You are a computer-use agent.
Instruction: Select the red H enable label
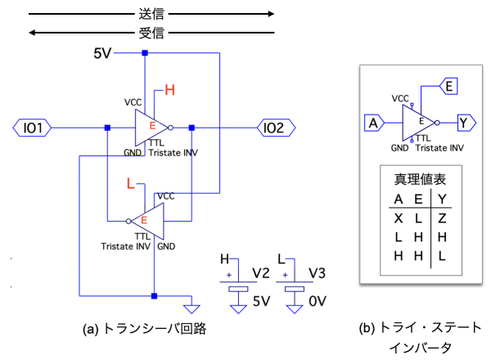click(x=170, y=90)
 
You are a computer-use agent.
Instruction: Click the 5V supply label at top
click(x=101, y=54)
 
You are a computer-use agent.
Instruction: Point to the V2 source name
click(x=261, y=271)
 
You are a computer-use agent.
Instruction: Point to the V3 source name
click(x=318, y=271)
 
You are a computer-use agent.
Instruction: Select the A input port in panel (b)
click(x=374, y=124)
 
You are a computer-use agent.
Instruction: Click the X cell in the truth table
click(x=399, y=220)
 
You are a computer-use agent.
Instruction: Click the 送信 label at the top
click(x=152, y=14)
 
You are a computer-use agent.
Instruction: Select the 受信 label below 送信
click(x=152, y=34)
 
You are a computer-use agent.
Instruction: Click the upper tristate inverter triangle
click(x=152, y=128)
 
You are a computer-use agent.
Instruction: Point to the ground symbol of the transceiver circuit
click(x=192, y=308)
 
